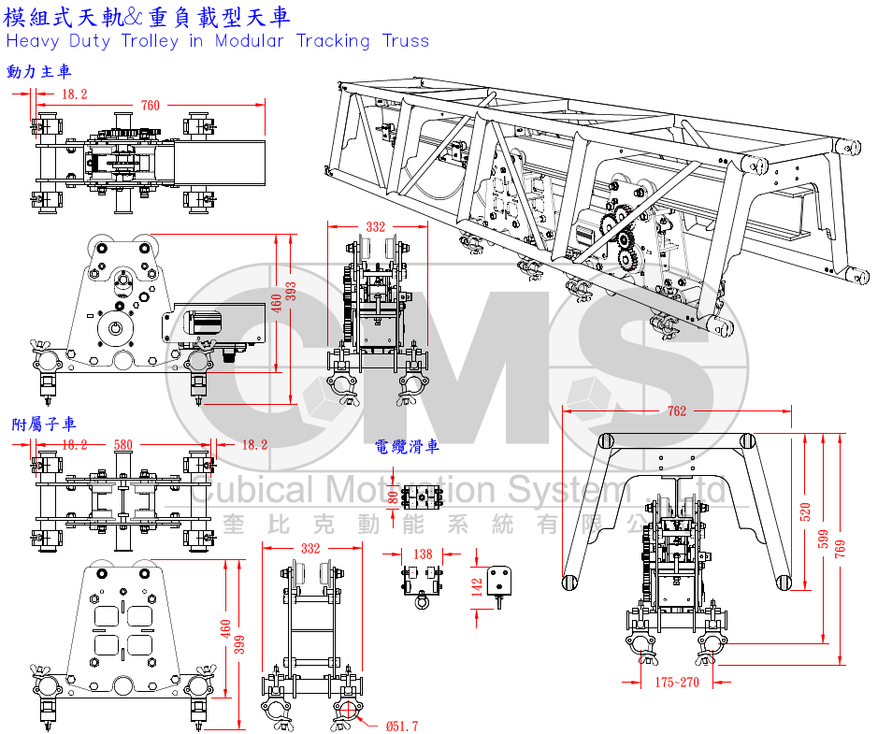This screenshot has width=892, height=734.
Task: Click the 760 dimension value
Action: click(150, 106)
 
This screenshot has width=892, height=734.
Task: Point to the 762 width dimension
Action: click(676, 411)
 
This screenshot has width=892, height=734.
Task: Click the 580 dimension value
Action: click(122, 445)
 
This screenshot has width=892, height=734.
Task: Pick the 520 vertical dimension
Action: click(805, 511)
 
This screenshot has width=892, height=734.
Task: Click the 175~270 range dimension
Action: click(676, 683)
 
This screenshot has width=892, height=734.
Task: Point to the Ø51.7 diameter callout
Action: click(401, 726)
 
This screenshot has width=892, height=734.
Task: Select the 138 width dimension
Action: click(423, 554)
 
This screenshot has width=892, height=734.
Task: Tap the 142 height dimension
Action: click(477, 586)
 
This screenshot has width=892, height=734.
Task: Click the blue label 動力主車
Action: click(38, 72)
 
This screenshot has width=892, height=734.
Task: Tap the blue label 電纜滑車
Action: click(407, 447)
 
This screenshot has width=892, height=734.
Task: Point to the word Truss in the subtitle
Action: click(406, 41)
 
